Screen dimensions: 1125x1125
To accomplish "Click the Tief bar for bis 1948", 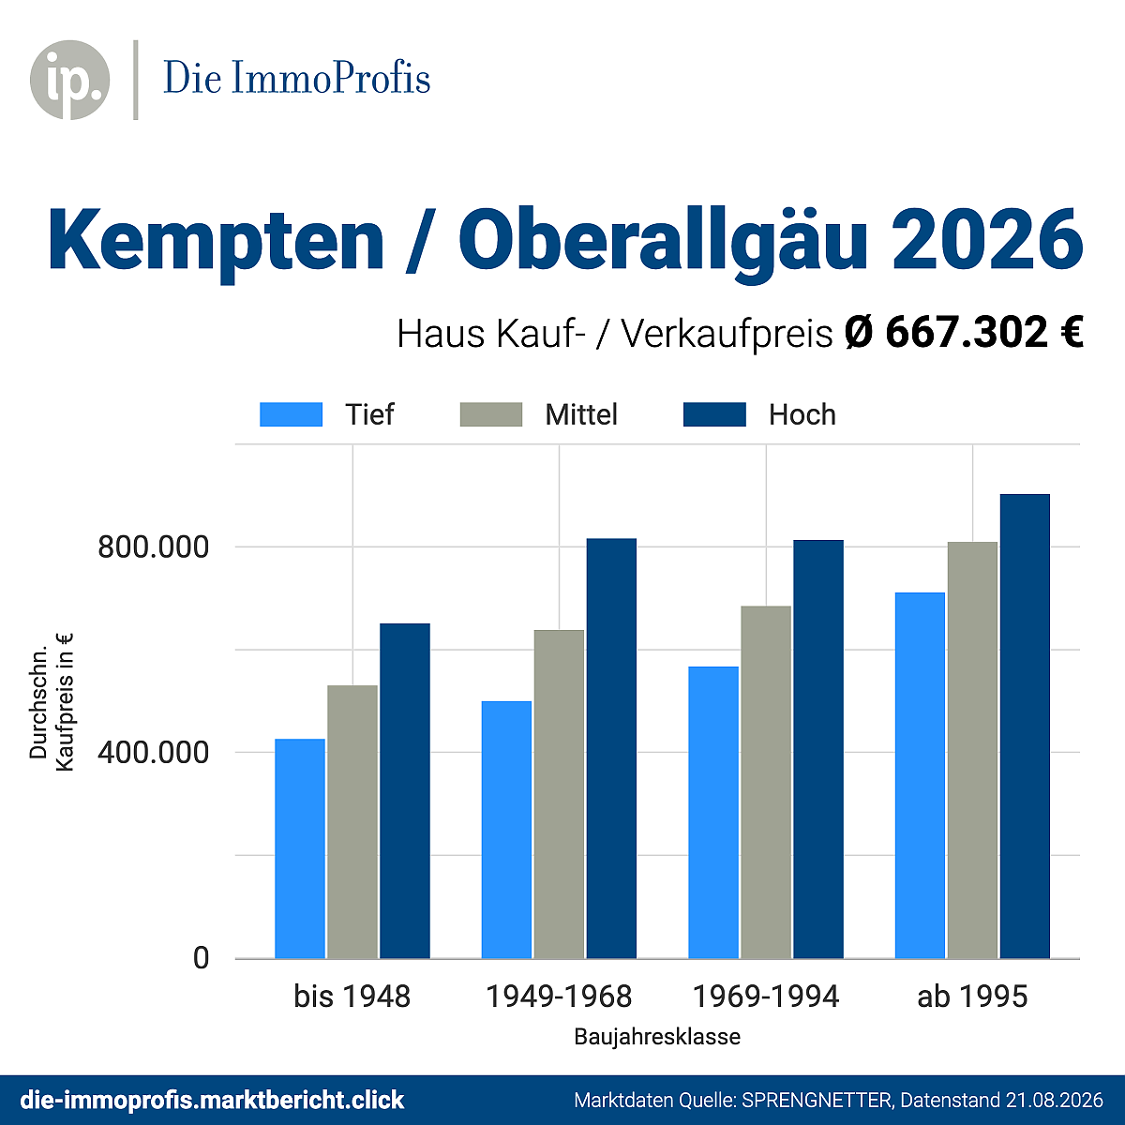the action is tap(299, 848).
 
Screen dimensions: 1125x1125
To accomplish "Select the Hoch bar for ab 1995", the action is tap(1025, 726).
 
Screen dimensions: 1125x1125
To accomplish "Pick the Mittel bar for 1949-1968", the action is tap(559, 794).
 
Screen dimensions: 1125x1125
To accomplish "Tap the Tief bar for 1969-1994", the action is tap(712, 812).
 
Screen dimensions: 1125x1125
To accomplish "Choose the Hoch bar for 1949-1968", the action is tap(611, 748).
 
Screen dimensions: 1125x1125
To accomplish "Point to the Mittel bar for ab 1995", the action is tap(972, 750).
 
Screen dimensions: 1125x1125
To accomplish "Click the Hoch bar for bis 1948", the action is tap(405, 790).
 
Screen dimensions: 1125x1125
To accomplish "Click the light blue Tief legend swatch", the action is tap(291, 414).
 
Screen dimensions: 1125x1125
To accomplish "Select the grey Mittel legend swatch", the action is tap(491, 414).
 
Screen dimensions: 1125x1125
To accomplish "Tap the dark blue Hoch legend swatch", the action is tap(714, 414).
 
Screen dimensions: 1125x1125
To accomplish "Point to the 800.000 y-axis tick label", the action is tap(153, 547).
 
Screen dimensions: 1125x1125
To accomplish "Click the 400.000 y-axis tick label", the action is tap(153, 753).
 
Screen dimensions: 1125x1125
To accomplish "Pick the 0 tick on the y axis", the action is tap(201, 958).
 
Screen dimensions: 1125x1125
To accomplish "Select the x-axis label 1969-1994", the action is tap(765, 997).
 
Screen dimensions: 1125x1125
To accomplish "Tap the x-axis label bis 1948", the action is tap(352, 997).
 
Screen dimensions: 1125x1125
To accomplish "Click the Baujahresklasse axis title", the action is tap(657, 1037).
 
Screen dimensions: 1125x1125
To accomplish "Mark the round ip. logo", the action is tap(70, 80).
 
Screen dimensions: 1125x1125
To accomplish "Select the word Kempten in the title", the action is tap(216, 241).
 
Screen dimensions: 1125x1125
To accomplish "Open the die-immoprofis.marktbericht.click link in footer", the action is tap(212, 1100).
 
